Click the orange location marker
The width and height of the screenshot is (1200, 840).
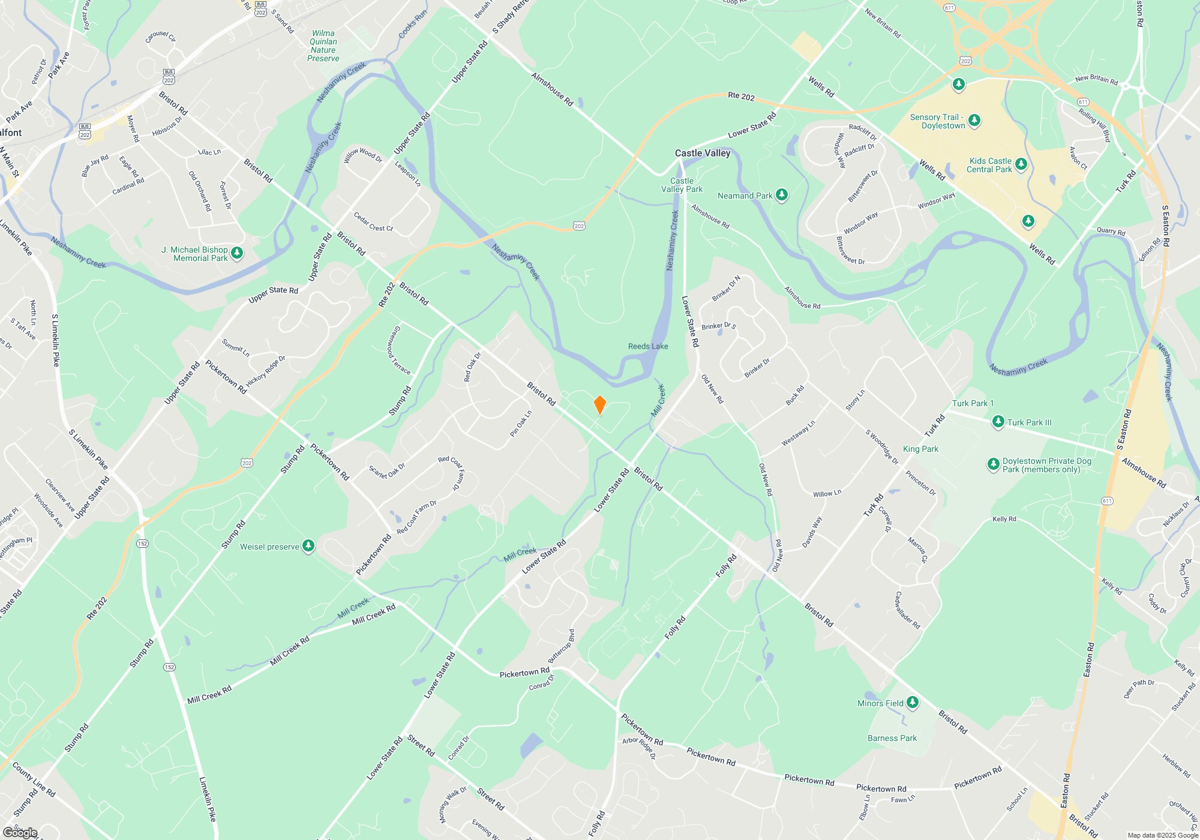click(599, 405)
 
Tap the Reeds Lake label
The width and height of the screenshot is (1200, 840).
click(648, 346)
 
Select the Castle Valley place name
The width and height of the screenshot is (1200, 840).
click(703, 153)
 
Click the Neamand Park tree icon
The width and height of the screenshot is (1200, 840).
click(781, 195)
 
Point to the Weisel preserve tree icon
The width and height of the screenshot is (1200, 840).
click(308, 546)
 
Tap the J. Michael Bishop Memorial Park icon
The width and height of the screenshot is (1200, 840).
click(237, 253)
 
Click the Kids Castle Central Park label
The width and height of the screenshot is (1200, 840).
click(989, 165)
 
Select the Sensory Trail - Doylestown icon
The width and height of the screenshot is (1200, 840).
click(974, 121)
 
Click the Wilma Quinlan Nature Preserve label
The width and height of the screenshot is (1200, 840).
click(323, 46)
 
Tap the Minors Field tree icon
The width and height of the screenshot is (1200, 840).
click(913, 702)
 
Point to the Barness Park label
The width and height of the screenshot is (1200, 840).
click(892, 738)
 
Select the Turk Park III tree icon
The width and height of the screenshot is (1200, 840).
click(998, 422)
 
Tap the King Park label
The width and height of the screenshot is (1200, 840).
click(920, 449)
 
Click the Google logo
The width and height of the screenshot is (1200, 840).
click(20, 832)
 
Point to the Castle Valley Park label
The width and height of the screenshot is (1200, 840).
click(682, 185)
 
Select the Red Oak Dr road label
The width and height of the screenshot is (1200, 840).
click(472, 367)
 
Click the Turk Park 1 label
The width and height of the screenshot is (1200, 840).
click(973, 403)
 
